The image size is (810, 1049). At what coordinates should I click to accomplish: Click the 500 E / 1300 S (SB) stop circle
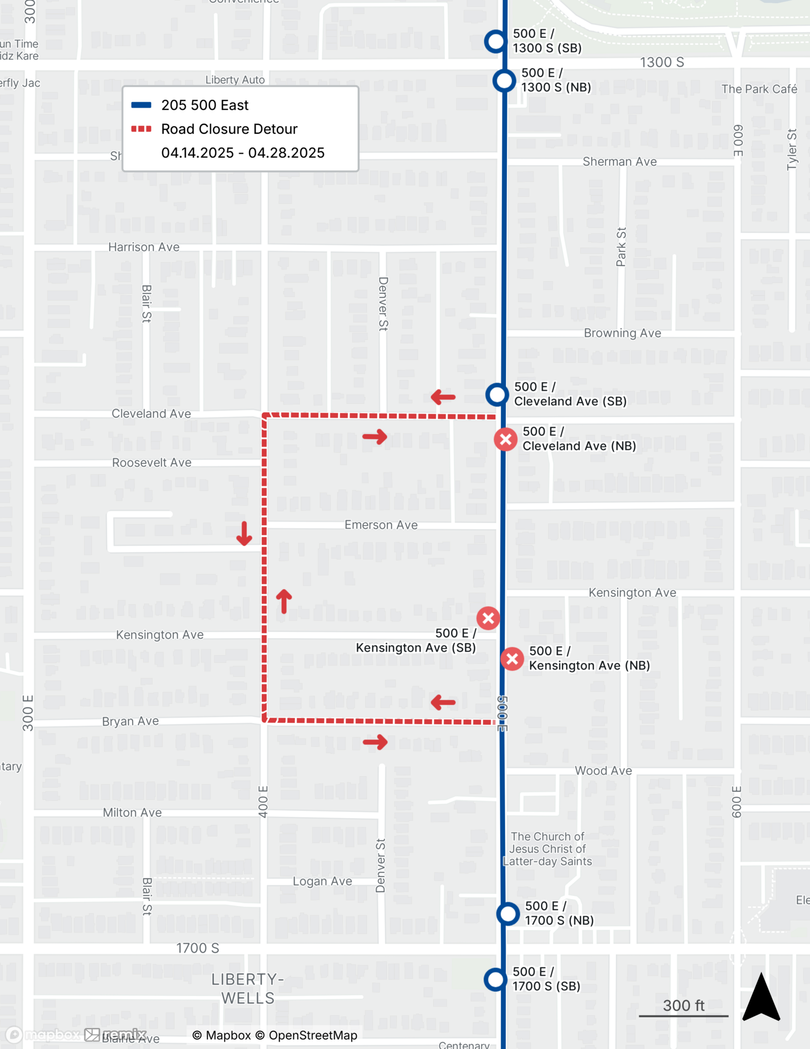[x=495, y=41]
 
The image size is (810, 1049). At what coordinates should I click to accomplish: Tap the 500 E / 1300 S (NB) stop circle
[x=504, y=81]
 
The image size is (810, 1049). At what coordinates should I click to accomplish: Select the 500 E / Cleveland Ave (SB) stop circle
[x=496, y=394]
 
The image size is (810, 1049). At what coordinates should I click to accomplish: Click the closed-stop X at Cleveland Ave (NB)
[x=505, y=440]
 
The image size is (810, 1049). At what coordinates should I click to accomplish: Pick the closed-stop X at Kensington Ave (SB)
[x=488, y=618]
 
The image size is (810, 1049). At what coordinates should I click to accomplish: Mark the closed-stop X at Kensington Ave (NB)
[x=512, y=659]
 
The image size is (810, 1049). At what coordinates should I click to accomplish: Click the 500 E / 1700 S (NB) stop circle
[x=507, y=914]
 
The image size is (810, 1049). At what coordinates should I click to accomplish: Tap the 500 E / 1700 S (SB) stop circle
[x=495, y=979]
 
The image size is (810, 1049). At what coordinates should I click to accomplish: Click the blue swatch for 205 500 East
[x=141, y=105]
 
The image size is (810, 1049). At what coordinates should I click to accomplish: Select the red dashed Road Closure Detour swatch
[x=141, y=129]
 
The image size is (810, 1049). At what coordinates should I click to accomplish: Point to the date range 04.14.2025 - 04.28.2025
[x=243, y=153]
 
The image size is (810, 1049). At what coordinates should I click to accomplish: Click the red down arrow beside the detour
[x=244, y=533]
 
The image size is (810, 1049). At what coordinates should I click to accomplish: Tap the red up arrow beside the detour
[x=284, y=601]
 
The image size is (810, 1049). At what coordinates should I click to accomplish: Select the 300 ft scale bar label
[x=683, y=1005]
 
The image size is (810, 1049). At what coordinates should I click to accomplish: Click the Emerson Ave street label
[x=381, y=525]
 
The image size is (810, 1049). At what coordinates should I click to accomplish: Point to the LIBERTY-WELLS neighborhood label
[x=247, y=988]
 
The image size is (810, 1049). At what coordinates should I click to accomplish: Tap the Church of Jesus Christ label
[x=547, y=849]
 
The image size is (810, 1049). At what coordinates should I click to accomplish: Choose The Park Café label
[x=759, y=89]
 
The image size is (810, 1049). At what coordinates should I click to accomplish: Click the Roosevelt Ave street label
[x=152, y=463]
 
